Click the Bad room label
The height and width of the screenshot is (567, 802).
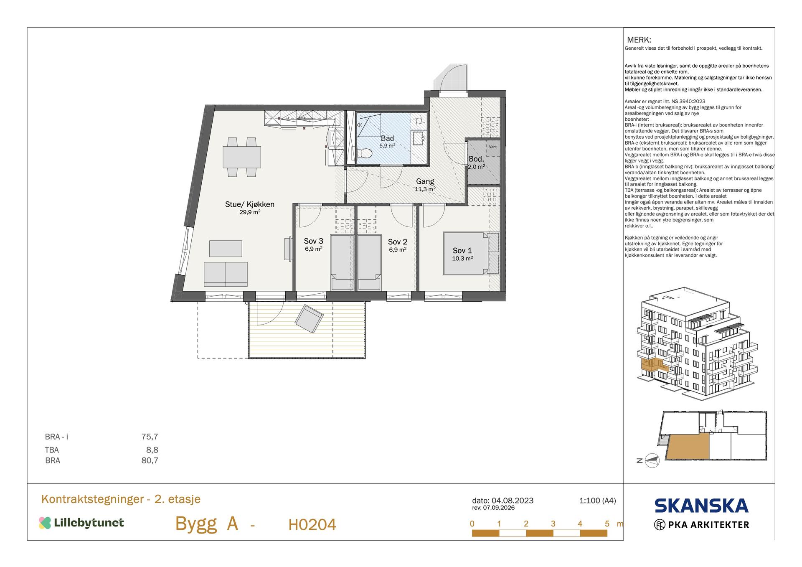pyautogui.click(x=387, y=139)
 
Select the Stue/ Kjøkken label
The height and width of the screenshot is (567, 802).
pyautogui.click(x=250, y=204)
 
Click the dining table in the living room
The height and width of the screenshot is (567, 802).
pyautogui.click(x=242, y=157)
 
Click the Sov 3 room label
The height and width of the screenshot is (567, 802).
pyautogui.click(x=313, y=241)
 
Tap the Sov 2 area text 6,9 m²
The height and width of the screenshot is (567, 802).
pyautogui.click(x=398, y=250)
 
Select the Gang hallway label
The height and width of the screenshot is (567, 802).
pyautogui.click(x=425, y=182)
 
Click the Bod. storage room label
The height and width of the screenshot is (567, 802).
pyautogui.click(x=476, y=159)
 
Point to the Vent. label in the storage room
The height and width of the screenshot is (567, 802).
pyautogui.click(x=493, y=147)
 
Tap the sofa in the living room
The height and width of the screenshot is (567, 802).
pyautogui.click(x=226, y=274)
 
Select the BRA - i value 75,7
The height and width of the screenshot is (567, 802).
pyautogui.click(x=150, y=437)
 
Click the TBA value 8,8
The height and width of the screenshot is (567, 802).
pyautogui.click(x=152, y=450)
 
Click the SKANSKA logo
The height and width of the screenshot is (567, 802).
pyautogui.click(x=701, y=506)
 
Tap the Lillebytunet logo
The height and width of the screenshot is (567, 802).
pyautogui.click(x=81, y=523)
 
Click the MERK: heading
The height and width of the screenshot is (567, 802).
pyautogui.click(x=639, y=40)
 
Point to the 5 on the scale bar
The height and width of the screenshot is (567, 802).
pyautogui.click(x=607, y=524)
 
